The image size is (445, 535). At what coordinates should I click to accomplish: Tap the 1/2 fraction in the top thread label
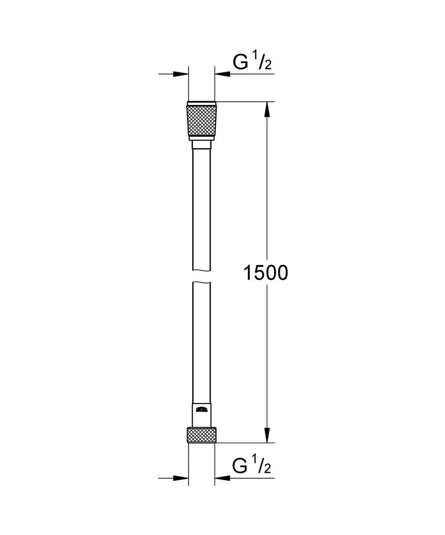coord(264,62)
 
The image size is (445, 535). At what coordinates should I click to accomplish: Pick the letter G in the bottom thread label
coord(241,467)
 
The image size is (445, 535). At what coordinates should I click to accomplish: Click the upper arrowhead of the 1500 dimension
coord(267,110)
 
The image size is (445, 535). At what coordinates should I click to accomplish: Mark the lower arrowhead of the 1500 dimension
coord(267,435)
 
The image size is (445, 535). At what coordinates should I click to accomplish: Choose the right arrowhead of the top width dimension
coord(222,74)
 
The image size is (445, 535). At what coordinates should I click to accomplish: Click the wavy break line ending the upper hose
coord(202,269)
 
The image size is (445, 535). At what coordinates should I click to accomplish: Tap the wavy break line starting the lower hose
coord(202,282)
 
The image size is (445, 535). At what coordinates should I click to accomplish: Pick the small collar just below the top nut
coord(202,145)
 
